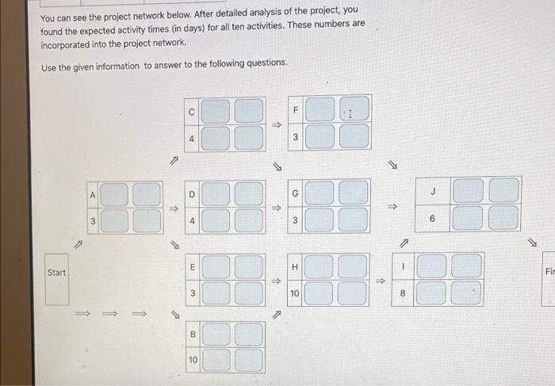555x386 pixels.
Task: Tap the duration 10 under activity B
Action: (193, 361)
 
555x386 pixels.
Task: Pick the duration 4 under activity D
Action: (192, 221)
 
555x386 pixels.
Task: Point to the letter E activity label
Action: (192, 268)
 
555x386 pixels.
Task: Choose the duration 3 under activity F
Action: (294, 138)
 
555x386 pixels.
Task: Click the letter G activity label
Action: (295, 193)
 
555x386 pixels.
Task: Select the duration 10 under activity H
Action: (295, 293)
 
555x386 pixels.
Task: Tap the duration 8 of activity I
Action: (403, 293)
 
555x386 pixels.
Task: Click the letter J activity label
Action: (433, 190)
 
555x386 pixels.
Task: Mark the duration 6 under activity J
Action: (433, 217)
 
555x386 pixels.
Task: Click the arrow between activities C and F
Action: (277, 124)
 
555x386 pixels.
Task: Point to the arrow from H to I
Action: (380, 280)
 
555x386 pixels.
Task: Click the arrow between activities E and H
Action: (277, 280)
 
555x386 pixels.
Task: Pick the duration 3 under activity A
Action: (93, 221)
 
